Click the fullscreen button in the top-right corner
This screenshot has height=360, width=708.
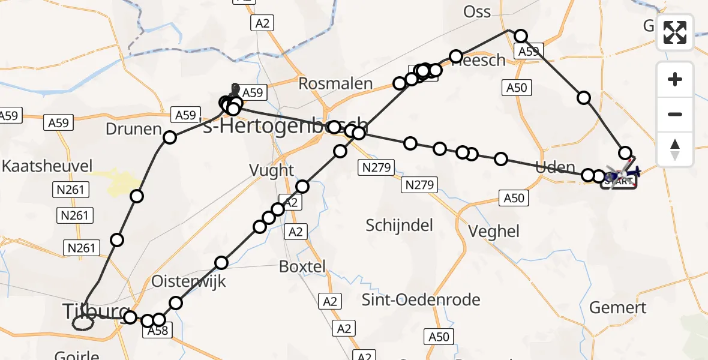(x=675, y=32)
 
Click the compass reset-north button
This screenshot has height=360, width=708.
(x=675, y=149)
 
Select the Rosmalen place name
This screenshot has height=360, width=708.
(x=335, y=84)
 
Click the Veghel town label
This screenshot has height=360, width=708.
(x=494, y=231)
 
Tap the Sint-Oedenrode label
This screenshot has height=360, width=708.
(x=421, y=300)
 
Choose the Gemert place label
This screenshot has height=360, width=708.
(x=618, y=308)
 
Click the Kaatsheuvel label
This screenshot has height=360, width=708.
(x=47, y=166)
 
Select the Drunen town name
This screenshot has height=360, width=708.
(x=133, y=129)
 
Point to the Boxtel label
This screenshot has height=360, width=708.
(x=302, y=266)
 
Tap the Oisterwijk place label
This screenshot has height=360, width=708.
(x=188, y=281)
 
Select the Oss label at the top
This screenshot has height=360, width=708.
(x=478, y=11)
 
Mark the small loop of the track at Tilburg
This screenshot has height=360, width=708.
(x=83, y=323)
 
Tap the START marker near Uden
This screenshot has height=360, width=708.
(x=619, y=181)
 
